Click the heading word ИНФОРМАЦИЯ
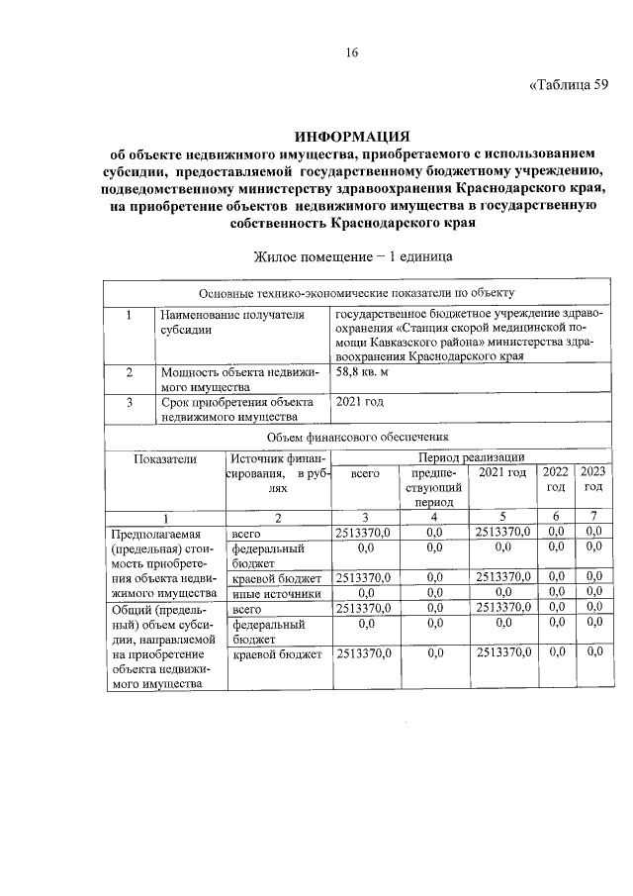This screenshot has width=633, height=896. [352, 136]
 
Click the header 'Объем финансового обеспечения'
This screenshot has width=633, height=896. [357, 436]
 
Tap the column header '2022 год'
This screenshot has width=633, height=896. [557, 479]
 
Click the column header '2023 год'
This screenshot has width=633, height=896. [592, 479]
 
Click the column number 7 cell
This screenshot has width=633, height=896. [592, 517]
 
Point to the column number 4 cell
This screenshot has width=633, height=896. [433, 517]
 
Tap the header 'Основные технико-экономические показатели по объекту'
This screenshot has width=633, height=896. [357, 293]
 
